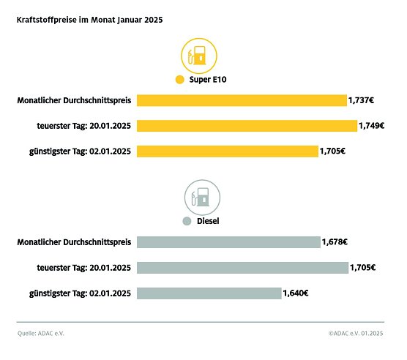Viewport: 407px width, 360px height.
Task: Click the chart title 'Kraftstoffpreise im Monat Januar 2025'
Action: pos(89,20)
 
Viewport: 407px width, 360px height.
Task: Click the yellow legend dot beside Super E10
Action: pos(179,80)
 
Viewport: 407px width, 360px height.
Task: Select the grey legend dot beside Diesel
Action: pos(187,221)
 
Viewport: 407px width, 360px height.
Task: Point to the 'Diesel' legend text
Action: pos(209,221)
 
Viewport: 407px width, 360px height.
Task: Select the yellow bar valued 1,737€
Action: pos(242,100)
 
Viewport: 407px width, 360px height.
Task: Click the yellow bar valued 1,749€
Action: pos(247,126)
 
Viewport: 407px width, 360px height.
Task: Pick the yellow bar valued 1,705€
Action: pos(228,151)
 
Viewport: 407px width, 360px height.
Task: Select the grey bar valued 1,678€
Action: pos(228,242)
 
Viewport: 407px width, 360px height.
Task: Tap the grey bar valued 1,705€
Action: pos(242,268)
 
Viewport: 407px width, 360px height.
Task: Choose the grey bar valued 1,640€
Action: pos(209,293)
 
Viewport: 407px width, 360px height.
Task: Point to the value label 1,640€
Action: pos(296,293)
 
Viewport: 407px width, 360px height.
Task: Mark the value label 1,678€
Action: pos(335,242)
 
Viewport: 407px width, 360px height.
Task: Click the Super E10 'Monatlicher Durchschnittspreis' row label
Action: pos(74,100)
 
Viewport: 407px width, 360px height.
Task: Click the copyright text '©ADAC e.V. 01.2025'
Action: pos(356,334)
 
